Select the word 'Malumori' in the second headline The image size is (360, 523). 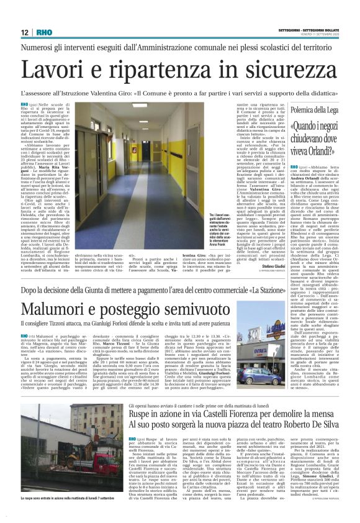click(59, 307)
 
